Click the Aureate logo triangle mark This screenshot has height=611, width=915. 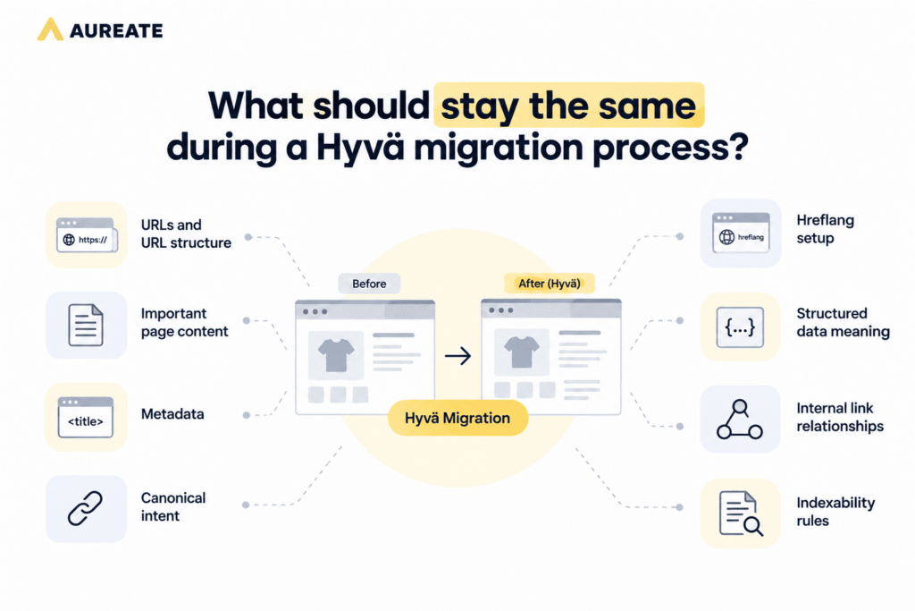pyautogui.click(x=50, y=30)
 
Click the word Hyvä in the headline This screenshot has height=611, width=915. pyautogui.click(x=359, y=148)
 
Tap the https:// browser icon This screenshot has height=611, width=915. pyautogui.click(x=87, y=234)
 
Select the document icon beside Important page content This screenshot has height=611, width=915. pyautogui.click(x=86, y=325)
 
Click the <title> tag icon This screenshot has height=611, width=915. pyautogui.click(x=85, y=417)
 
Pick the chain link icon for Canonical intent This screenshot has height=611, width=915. pyautogui.click(x=85, y=508)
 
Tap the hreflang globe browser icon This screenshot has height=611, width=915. pyautogui.click(x=741, y=233)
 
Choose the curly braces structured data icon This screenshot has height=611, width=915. pyautogui.click(x=740, y=327)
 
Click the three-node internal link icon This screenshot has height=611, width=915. pyautogui.click(x=740, y=419)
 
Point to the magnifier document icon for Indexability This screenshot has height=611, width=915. pyautogui.click(x=741, y=513)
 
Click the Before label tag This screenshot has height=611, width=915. pyautogui.click(x=369, y=284)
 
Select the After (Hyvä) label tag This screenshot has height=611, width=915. pyautogui.click(x=550, y=284)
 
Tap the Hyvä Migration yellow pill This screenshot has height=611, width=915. pyautogui.click(x=458, y=419)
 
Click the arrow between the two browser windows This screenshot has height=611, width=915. pyautogui.click(x=458, y=356)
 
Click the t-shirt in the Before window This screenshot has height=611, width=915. pyautogui.click(x=336, y=355)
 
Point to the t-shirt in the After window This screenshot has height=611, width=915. pyautogui.click(x=522, y=352)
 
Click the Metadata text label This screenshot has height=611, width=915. pyautogui.click(x=172, y=414)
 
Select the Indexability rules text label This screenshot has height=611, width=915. pyautogui.click(x=835, y=512)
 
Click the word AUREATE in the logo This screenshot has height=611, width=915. pyautogui.click(x=116, y=30)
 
